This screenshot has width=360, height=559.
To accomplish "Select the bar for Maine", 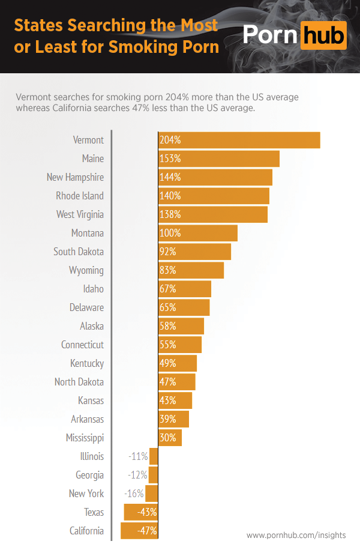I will coord(218,159).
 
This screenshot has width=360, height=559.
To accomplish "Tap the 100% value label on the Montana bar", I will coord(170,233).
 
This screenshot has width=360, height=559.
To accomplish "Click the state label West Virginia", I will coord(80,214).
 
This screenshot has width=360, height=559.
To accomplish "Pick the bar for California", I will coord(139,531).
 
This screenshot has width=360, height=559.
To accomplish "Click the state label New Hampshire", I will coord(75,177).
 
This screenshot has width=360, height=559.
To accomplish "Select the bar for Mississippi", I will coord(170,438).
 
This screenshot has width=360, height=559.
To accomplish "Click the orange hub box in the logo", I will coord(323,35).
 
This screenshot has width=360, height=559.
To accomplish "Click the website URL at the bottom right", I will coord(296,535).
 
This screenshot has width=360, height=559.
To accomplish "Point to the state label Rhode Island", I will coord(80,196).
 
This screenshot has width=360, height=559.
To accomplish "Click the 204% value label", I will coord(170,140).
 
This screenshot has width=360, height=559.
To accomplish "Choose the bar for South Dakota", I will coord(194,252).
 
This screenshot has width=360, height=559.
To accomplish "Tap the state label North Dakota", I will coord(79,382).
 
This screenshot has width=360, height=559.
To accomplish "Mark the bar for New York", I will coord(151,494).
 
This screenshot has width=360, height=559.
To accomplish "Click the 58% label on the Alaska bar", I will coord(167,326).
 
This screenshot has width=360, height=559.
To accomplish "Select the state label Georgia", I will coord(89,475).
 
